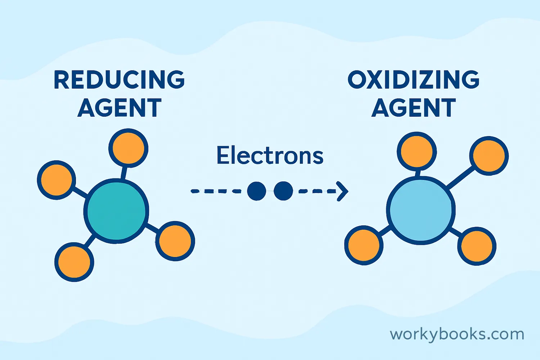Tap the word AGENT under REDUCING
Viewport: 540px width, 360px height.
pos(119,108)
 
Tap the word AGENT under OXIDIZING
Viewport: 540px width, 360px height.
pos(413,108)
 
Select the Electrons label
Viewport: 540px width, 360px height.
pos(270,156)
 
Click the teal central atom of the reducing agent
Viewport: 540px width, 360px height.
pos(116,211)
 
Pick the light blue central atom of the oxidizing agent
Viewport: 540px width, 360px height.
pos(420,211)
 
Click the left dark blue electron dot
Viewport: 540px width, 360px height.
pos(256,191)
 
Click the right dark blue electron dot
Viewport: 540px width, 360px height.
pos(283,191)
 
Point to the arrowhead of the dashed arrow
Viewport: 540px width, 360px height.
pos(343,191)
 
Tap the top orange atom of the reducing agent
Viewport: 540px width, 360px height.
pos(128,148)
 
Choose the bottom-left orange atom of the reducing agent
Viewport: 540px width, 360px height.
pos(74,262)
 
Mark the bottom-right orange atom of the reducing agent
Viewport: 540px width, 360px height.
pos(175,241)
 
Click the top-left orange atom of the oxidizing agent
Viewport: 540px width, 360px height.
pos(417,151)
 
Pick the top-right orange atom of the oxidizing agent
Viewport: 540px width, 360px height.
pos(489,156)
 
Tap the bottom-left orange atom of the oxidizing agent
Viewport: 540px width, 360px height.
pos(364,245)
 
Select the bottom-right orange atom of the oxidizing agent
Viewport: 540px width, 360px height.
pos(477,246)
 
